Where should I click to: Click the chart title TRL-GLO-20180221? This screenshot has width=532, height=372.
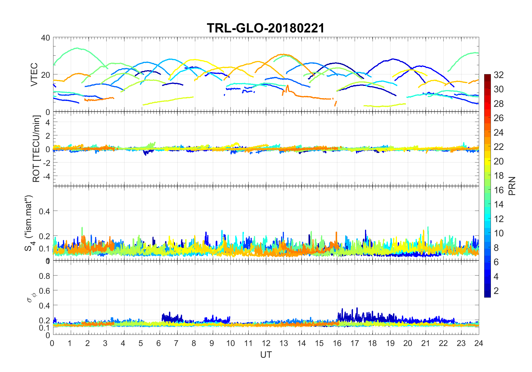[x=266, y=28]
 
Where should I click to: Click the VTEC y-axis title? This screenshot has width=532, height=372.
[x=34, y=75]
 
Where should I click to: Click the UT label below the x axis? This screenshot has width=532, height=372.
[x=266, y=355]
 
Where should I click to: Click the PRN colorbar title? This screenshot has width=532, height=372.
[x=512, y=186]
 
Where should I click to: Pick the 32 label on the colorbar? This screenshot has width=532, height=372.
[x=499, y=75]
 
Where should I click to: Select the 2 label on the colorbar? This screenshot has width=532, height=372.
[x=496, y=291]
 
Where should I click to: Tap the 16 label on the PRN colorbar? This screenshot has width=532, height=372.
[x=499, y=190]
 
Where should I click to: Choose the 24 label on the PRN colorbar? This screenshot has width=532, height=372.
[x=499, y=133]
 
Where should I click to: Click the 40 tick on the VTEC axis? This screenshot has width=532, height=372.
[x=45, y=38]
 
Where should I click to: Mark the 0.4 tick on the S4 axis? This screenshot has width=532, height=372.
[x=44, y=211]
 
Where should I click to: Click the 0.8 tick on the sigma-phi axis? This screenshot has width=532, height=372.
[x=44, y=276]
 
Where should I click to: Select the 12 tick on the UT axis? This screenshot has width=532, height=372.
[x=266, y=343]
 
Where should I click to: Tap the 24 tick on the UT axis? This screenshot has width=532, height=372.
[x=479, y=343]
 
